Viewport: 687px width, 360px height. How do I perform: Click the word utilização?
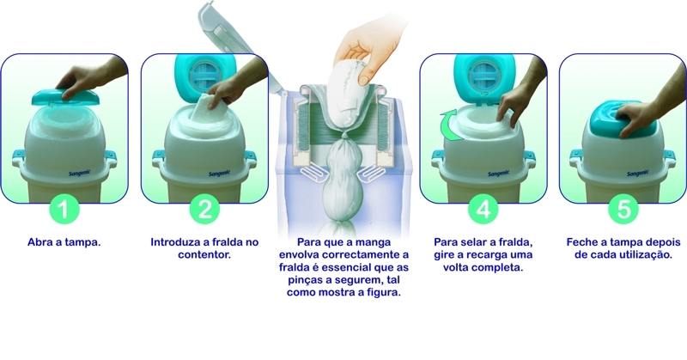(x=645, y=255)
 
